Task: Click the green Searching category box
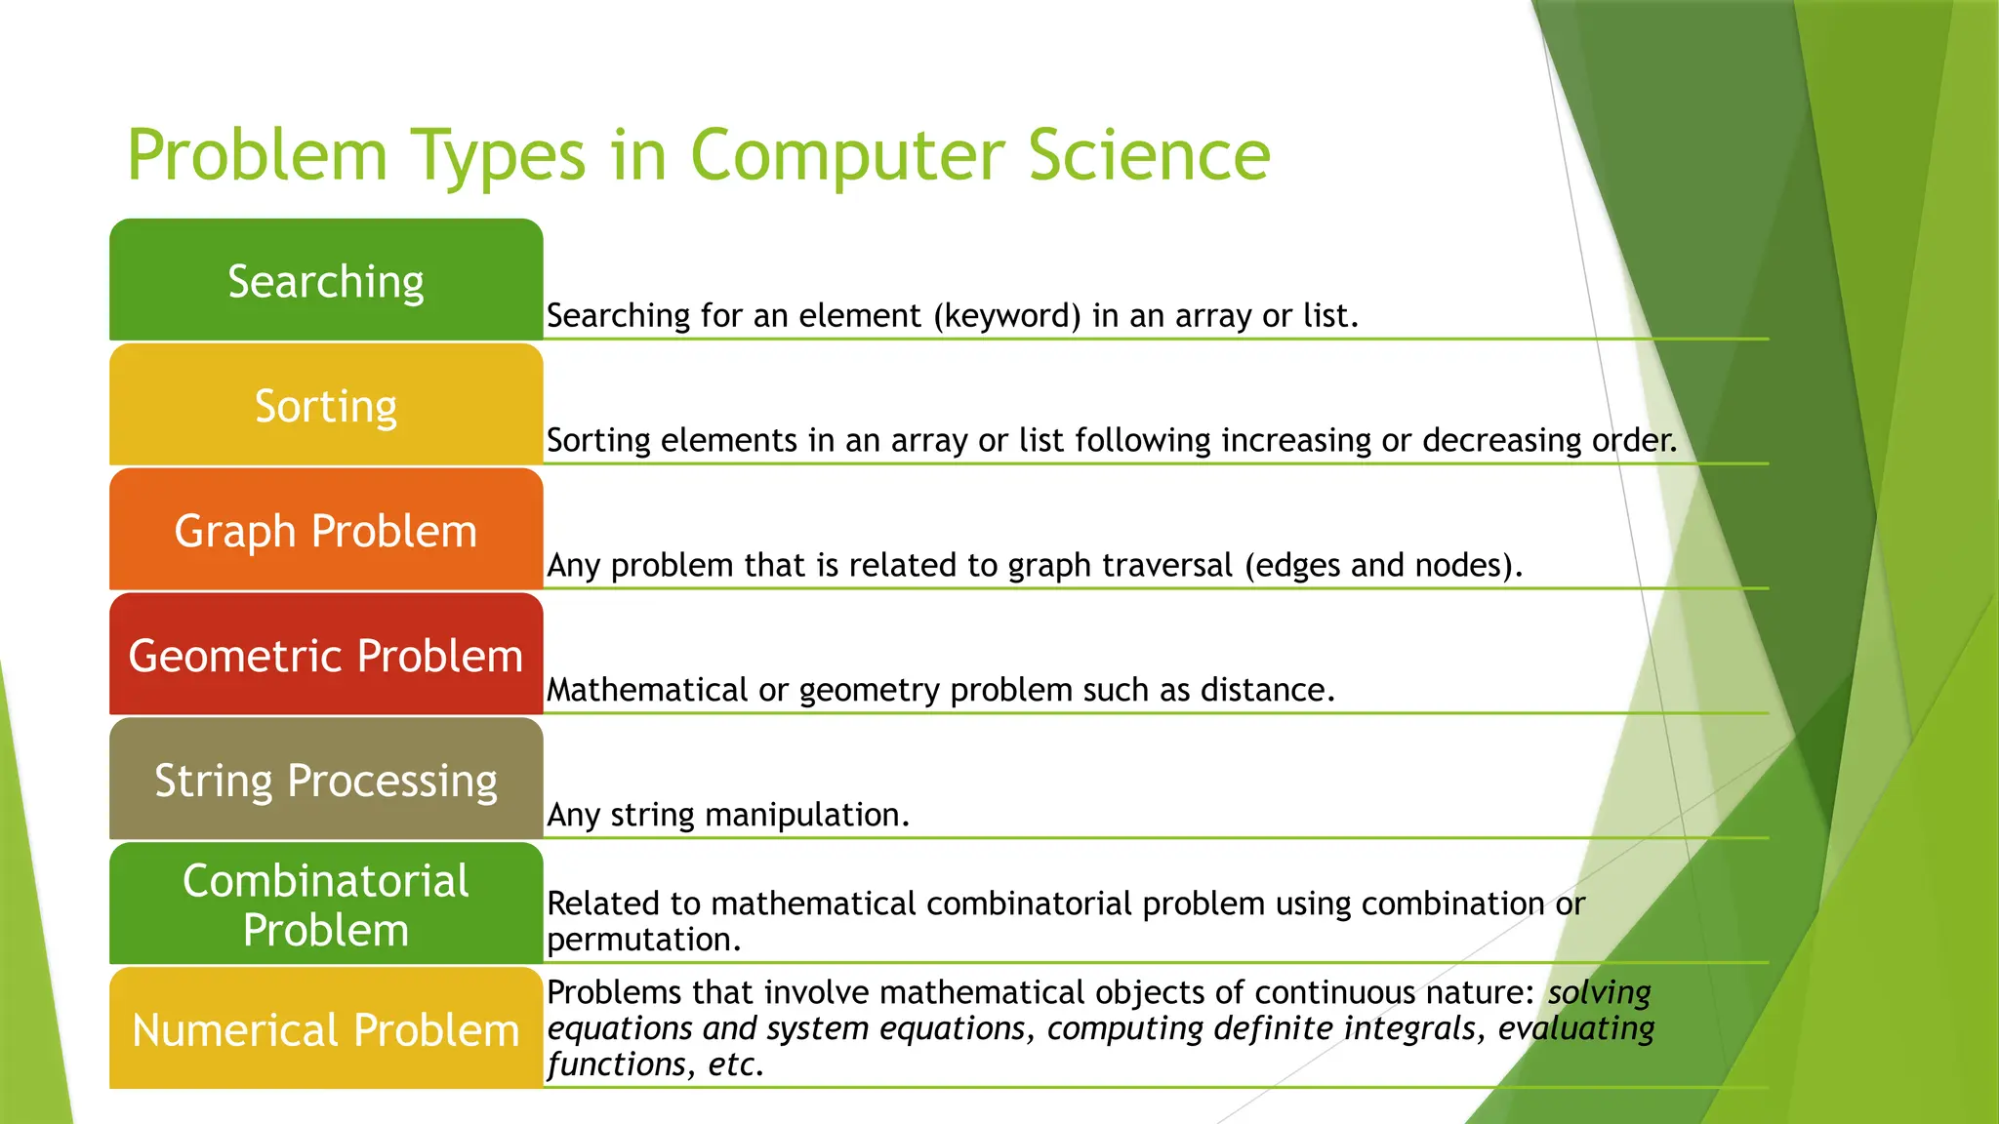[x=326, y=281]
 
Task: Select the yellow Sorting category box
[x=326, y=406]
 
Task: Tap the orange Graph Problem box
[x=326, y=531]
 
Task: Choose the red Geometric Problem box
[x=326, y=656]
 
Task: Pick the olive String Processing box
[x=326, y=781]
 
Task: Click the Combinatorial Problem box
[x=326, y=904]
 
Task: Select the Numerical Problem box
[x=326, y=1029]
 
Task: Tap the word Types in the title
[x=498, y=156]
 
